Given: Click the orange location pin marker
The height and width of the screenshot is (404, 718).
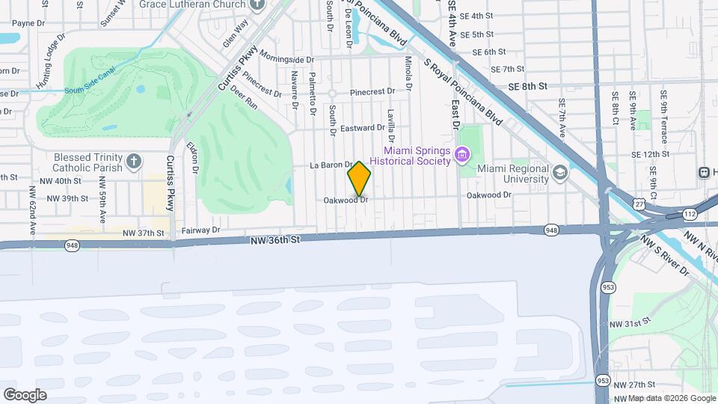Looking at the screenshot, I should (x=360, y=179).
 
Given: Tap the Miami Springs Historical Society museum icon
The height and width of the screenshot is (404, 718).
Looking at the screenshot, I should (x=462, y=155).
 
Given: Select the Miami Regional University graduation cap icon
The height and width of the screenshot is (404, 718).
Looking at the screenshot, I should (x=559, y=174).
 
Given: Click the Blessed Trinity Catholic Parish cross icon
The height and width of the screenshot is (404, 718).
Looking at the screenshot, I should (x=133, y=162).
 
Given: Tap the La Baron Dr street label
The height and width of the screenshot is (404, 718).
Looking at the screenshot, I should (x=331, y=165).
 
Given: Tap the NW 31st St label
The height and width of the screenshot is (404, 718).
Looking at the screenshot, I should (x=627, y=323).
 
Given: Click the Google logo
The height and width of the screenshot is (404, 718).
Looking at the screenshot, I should (x=25, y=395).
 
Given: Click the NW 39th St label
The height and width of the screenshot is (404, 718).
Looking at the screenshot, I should (x=68, y=198).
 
